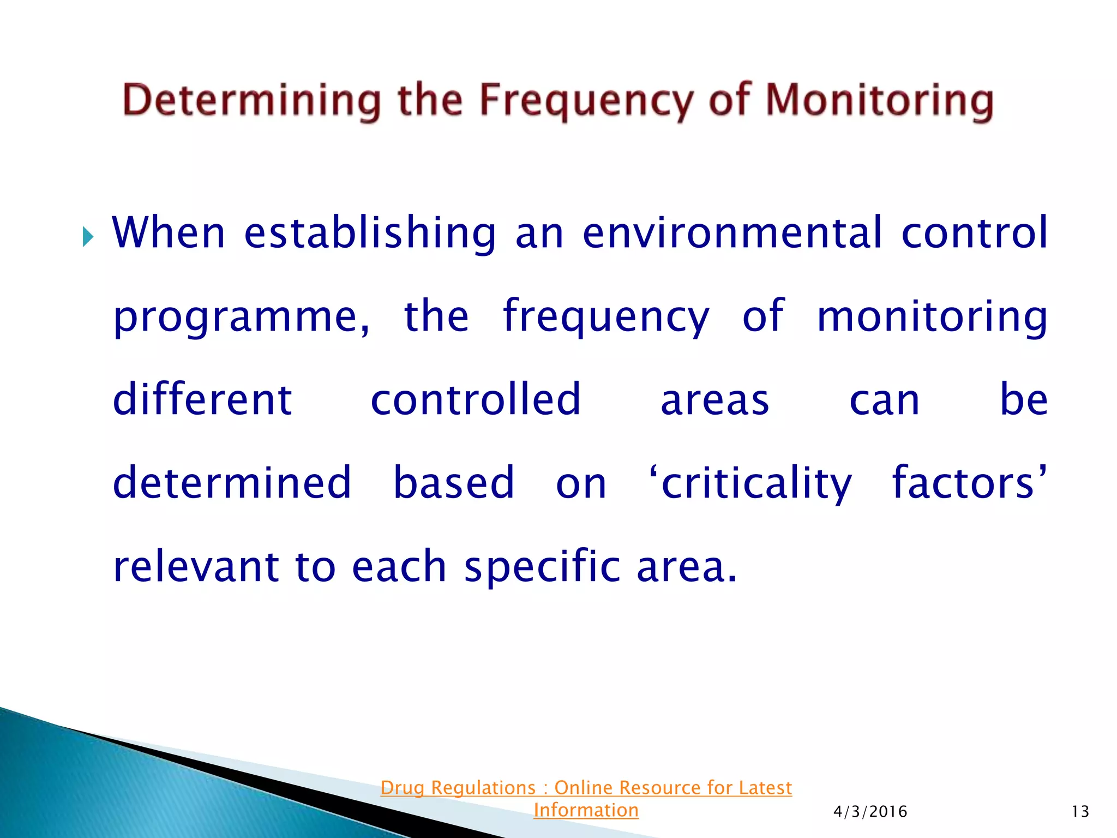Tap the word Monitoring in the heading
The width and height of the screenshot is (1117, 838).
tap(880, 101)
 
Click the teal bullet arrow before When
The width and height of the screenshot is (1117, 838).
tap(88, 237)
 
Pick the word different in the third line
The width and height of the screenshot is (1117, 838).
tap(202, 399)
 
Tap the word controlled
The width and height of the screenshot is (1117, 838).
tap(476, 399)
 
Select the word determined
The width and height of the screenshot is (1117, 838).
tap(232, 483)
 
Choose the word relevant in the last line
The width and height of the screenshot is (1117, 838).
tap(195, 566)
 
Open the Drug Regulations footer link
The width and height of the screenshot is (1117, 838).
tap(586, 788)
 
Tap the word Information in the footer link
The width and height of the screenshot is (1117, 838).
tap(586, 810)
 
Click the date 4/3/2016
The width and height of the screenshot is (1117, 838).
tap(870, 812)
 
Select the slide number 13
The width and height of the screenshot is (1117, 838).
tap(1080, 812)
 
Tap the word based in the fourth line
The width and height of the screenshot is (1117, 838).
tap(454, 483)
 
